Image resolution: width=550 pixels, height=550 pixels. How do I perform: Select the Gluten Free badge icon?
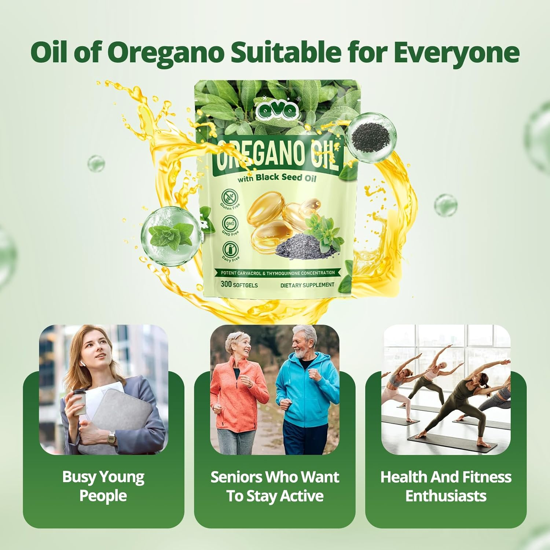230,197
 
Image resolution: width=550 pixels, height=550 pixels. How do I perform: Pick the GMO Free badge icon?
230,223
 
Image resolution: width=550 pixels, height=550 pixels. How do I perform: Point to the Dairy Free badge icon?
230,250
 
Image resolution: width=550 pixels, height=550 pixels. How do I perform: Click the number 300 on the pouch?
226,284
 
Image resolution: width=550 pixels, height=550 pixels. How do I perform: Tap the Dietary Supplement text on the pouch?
307,285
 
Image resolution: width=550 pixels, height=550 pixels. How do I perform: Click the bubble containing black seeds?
371,136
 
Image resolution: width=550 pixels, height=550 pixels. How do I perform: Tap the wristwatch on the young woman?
111,437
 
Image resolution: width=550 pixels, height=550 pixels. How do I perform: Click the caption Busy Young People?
103,486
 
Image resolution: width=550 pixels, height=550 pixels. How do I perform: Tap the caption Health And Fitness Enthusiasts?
446,486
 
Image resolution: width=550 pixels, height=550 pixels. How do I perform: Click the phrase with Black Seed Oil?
276,178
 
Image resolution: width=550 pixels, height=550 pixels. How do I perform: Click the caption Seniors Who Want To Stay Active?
275,486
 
